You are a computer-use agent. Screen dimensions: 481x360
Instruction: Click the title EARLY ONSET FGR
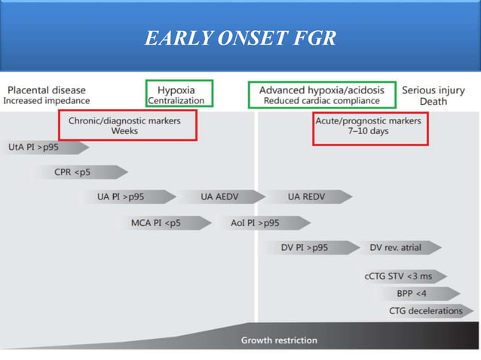point(240,38)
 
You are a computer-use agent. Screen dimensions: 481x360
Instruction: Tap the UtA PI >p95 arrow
point(46,148)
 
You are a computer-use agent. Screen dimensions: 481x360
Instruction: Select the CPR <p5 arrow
point(81,172)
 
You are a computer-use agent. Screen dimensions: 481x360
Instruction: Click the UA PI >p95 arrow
point(129,197)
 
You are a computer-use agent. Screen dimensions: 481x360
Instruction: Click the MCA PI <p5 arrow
point(164,223)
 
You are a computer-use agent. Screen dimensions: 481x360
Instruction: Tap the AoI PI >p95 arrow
point(266,223)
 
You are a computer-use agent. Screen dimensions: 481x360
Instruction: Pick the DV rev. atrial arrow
point(401,248)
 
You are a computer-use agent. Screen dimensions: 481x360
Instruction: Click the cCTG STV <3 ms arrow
point(404,276)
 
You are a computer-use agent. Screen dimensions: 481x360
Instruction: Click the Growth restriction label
point(279,340)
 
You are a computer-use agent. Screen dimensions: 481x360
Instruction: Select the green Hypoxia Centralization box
point(179,81)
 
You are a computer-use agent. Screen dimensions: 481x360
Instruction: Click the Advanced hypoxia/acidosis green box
point(322,82)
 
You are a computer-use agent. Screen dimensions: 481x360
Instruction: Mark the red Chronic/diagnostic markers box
point(127,111)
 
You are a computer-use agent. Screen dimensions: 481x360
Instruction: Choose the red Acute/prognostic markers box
point(371,113)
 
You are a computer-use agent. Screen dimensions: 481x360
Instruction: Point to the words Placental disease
point(47,90)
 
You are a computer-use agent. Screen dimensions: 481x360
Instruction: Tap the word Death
point(434,102)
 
